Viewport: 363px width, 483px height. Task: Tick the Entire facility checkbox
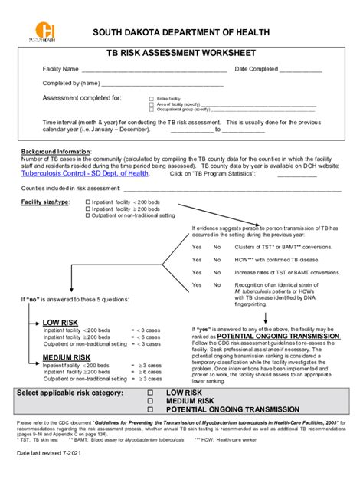tap(151, 99)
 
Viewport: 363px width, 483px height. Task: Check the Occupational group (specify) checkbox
tap(151, 109)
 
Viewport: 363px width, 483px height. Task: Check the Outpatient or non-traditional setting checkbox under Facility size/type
tap(88, 215)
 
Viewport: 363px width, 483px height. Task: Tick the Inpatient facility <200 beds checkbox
tap(88, 201)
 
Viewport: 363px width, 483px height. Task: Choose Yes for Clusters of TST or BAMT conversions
tap(197, 247)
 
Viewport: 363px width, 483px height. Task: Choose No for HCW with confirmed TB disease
tap(217, 259)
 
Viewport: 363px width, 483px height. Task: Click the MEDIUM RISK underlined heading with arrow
tap(64, 357)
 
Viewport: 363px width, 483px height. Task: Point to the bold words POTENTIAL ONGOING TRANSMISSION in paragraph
tap(279, 337)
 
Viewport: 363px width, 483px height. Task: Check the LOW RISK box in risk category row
tap(150, 393)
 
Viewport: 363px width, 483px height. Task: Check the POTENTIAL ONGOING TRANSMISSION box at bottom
tap(150, 409)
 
